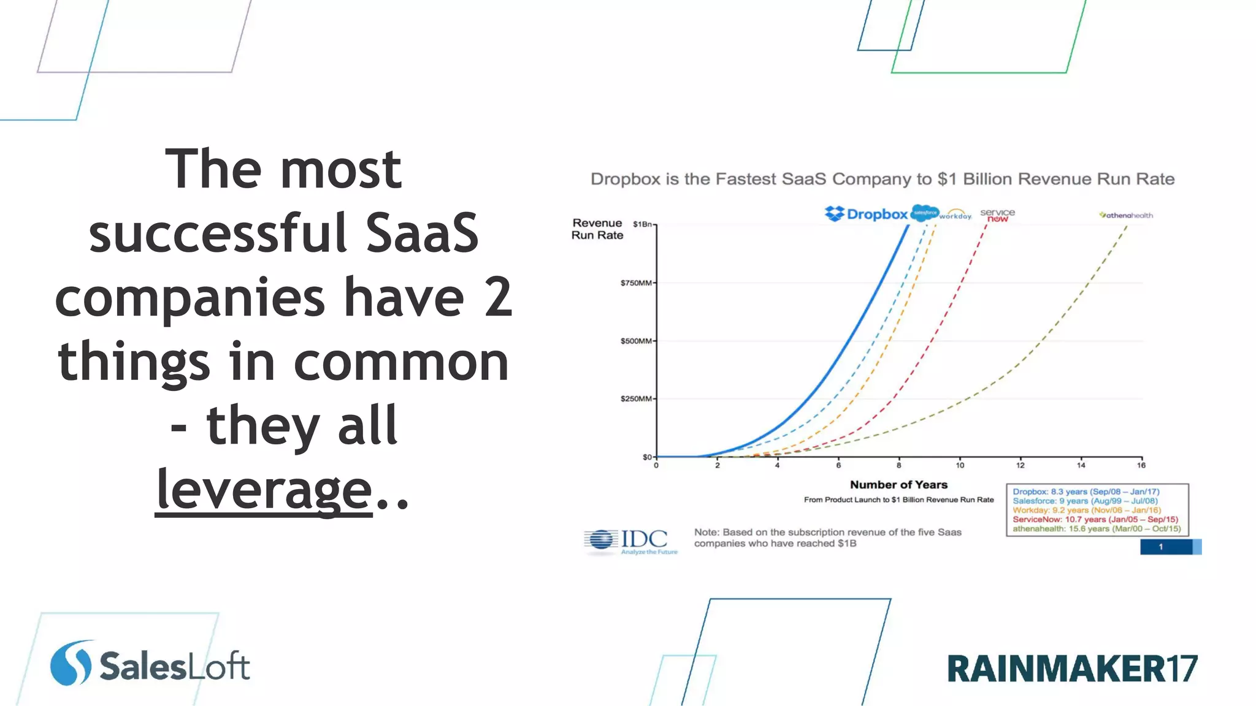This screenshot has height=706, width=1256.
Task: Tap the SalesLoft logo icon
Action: pyautogui.click(x=71, y=663)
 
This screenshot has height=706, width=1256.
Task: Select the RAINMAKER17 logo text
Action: pyautogui.click(x=1072, y=669)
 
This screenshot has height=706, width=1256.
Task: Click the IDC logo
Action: pyautogui.click(x=631, y=541)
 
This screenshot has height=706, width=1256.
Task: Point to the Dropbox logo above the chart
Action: pyautogui.click(x=866, y=214)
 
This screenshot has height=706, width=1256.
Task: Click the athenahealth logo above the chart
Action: pyautogui.click(x=1126, y=215)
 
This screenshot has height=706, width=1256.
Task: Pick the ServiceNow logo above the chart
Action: pyautogui.click(x=997, y=214)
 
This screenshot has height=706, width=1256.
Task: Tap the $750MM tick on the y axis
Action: pyautogui.click(x=636, y=283)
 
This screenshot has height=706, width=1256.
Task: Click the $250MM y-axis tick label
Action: pyautogui.click(x=636, y=399)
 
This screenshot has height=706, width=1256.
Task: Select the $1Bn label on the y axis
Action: pyautogui.click(x=643, y=224)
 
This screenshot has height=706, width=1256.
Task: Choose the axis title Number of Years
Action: pyautogui.click(x=898, y=485)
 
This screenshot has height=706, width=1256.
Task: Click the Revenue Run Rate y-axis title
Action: pyautogui.click(x=597, y=229)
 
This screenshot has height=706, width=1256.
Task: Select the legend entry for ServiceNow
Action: pyautogui.click(x=1095, y=519)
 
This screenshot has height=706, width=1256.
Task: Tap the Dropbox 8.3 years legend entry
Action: pyautogui.click(x=1086, y=492)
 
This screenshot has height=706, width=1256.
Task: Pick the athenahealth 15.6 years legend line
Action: pyautogui.click(x=1097, y=529)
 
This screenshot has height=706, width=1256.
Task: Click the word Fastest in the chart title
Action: pyautogui.click(x=752, y=179)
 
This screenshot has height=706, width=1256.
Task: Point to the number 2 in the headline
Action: pyautogui.click(x=498, y=297)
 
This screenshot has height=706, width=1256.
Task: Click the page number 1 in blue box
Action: pyautogui.click(x=1160, y=547)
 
